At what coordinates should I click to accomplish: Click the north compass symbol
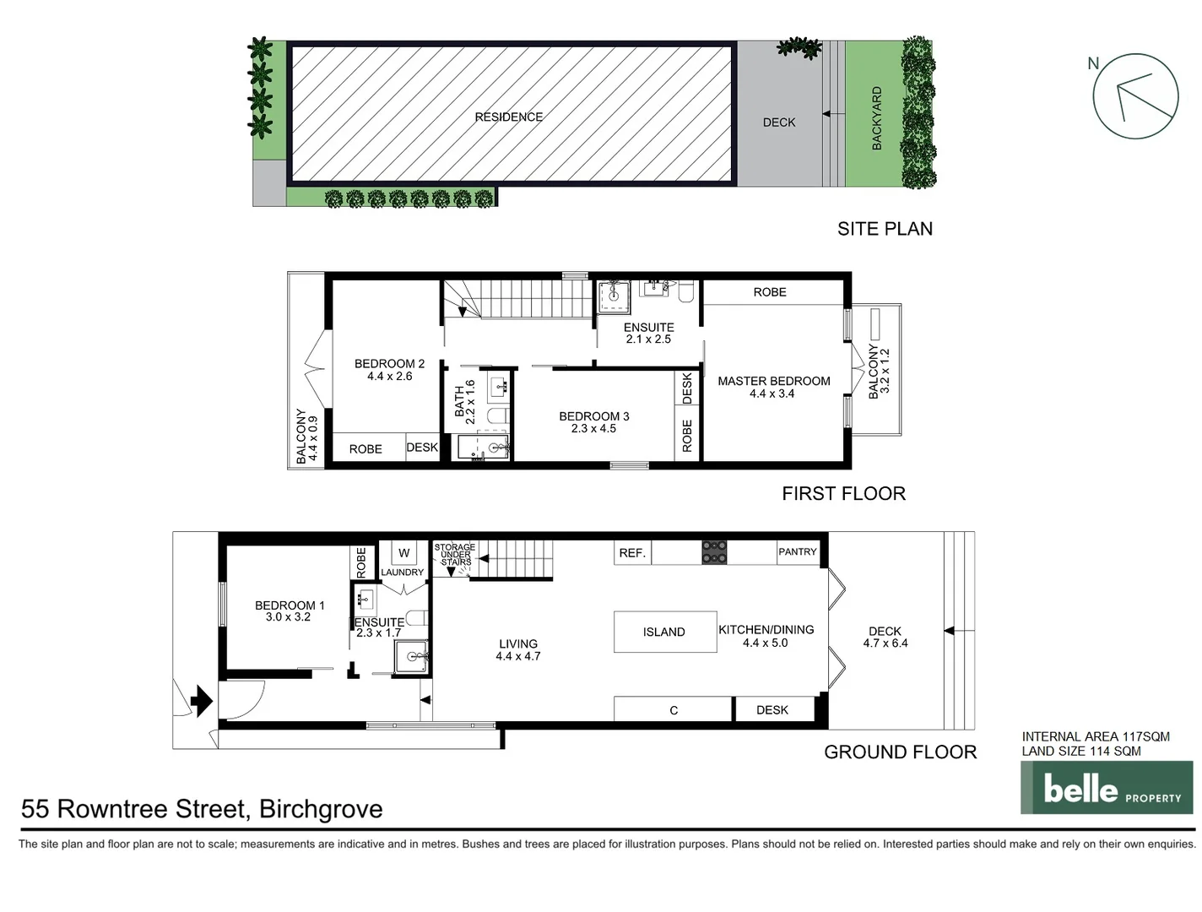pos(1134,96)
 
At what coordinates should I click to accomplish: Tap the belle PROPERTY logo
pos(1107,788)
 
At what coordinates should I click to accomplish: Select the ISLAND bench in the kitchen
pos(664,632)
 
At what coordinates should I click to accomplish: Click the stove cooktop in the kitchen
pos(714,552)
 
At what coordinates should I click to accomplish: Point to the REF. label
pos(632,553)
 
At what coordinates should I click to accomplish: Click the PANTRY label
pos(798,552)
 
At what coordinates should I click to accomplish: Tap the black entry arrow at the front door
pos(201,700)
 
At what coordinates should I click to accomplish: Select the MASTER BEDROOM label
pos(773,381)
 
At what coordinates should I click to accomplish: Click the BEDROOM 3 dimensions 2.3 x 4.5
pos(593,429)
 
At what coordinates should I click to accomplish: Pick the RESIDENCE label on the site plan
pos(509,117)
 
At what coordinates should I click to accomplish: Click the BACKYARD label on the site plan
pos(876,118)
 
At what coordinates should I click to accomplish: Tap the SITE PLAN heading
pos(885,229)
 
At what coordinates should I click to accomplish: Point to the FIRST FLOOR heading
pos(843,494)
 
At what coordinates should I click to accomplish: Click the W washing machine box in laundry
pos(403,553)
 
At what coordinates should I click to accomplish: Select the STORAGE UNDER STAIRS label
pos(455,555)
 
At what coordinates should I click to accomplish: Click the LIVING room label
pos(517,643)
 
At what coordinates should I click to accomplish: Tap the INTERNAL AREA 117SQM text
pos(1096,736)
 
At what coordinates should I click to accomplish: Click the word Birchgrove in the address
pos(321,809)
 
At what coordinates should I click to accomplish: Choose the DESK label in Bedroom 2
pos(422,448)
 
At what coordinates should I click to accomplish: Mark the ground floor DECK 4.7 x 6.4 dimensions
pos(885,643)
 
